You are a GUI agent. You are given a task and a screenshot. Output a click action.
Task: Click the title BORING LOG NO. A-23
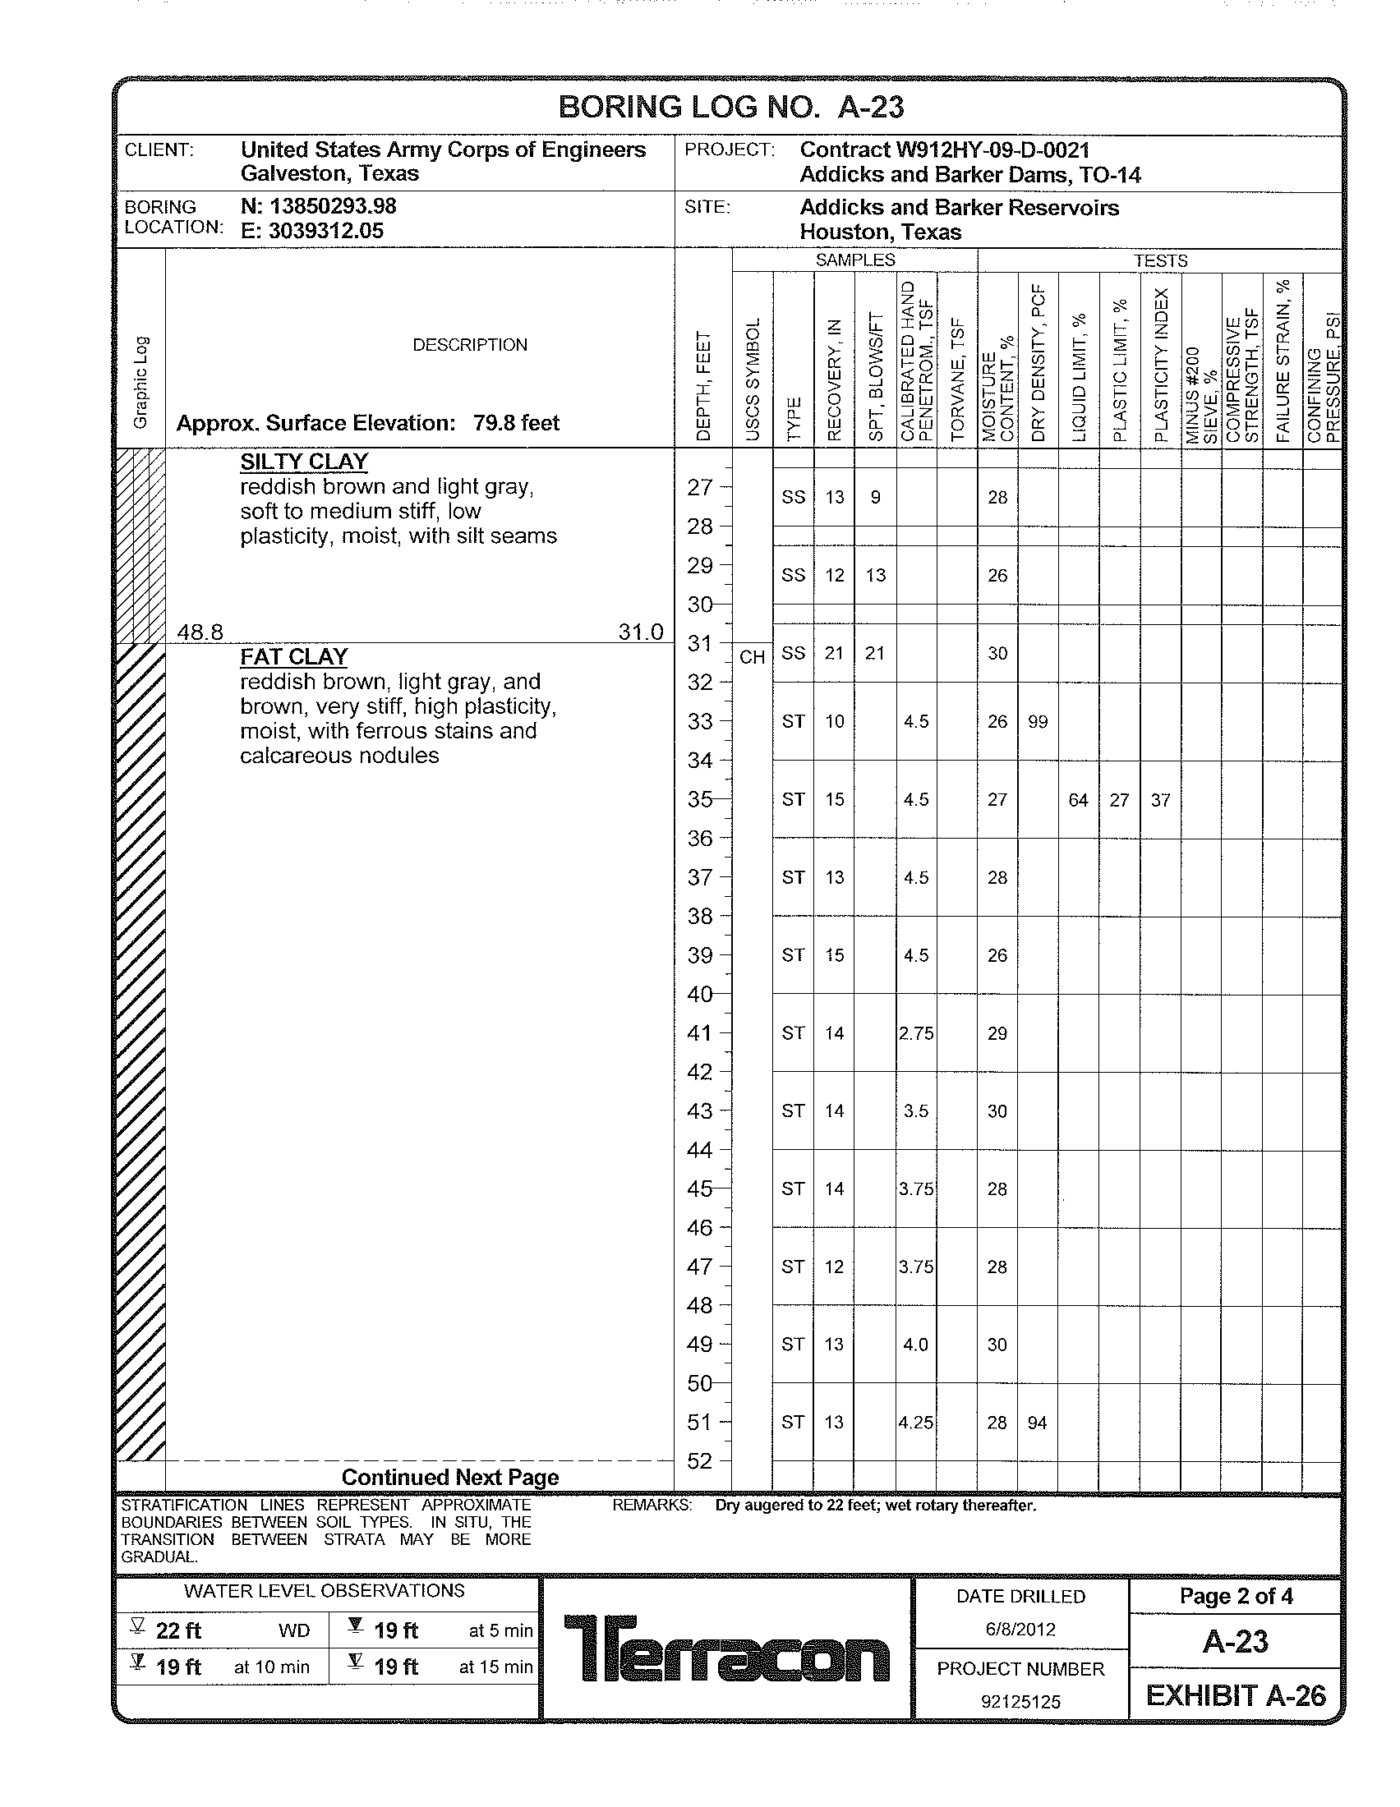(x=730, y=108)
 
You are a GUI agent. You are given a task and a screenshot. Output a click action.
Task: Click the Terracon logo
(x=726, y=1648)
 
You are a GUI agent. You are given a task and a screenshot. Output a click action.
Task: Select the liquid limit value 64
(x=1078, y=800)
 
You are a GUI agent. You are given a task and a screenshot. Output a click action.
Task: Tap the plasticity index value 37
(x=1160, y=800)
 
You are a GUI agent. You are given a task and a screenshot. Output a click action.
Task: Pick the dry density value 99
(x=1038, y=722)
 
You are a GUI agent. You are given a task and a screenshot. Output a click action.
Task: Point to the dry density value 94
(x=1037, y=1423)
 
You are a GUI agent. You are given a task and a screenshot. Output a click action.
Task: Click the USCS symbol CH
(x=752, y=658)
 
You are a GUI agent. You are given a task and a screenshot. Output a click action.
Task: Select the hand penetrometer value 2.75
(x=916, y=1033)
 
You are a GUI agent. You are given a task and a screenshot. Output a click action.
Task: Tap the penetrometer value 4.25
(x=916, y=1423)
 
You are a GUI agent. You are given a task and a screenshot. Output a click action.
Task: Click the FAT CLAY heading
(x=294, y=657)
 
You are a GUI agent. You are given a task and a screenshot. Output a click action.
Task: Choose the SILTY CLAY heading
(x=304, y=462)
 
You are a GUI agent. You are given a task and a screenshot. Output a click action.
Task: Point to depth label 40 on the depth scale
(x=700, y=995)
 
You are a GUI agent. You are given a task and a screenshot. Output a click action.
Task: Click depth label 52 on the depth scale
(x=700, y=1461)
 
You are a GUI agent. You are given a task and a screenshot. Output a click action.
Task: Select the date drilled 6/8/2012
(x=1020, y=1630)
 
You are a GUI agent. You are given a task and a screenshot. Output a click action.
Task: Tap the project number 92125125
(x=1020, y=1702)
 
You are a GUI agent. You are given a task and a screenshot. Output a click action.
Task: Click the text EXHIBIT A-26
(x=1236, y=1696)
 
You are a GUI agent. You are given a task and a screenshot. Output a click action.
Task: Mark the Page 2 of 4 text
(x=1236, y=1596)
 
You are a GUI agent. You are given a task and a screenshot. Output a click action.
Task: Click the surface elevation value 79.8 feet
(x=516, y=424)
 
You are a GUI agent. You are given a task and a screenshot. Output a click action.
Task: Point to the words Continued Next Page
(x=450, y=1478)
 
